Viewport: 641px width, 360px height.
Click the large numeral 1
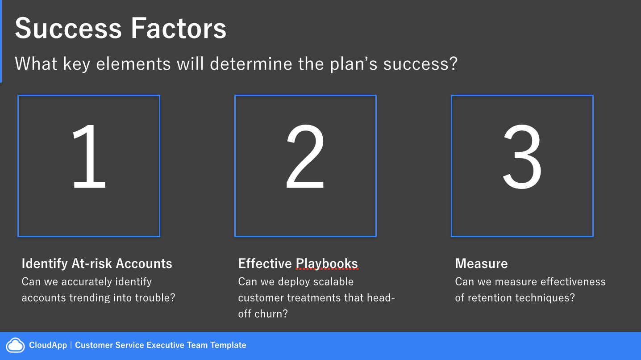[89, 156]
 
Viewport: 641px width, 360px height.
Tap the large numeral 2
[305, 156]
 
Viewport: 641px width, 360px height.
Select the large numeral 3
[522, 157]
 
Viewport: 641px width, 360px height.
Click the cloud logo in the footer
[16, 345]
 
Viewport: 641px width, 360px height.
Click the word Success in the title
[68, 28]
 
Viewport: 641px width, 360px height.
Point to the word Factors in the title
[179, 28]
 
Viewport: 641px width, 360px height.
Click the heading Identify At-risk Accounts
[97, 264]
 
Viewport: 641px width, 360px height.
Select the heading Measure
[481, 264]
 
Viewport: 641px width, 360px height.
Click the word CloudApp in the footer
[48, 345]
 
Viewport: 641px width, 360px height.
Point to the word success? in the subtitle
[420, 63]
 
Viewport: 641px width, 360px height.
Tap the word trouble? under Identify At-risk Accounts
[155, 298]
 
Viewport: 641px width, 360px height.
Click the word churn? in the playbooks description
[271, 314]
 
